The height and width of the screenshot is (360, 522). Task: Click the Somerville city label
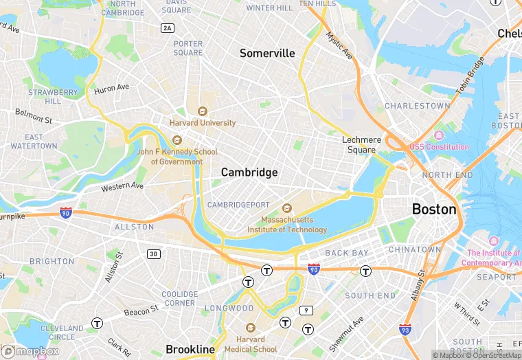[x=266, y=54]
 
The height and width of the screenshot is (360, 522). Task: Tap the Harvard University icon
[x=202, y=111]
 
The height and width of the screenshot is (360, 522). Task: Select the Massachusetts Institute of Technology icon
[x=287, y=208]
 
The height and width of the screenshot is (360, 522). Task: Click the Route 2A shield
[x=167, y=28]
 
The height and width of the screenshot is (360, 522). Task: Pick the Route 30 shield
[x=153, y=254]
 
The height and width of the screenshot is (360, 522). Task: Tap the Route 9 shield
[x=304, y=311]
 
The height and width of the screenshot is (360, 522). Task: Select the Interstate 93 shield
[x=405, y=330]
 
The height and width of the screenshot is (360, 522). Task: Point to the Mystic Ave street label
[x=339, y=45]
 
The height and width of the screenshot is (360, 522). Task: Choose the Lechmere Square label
[x=361, y=145]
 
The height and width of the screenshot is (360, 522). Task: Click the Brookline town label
[x=190, y=350]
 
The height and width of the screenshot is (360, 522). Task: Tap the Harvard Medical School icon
[x=250, y=328]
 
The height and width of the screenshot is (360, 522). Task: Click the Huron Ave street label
[x=111, y=88]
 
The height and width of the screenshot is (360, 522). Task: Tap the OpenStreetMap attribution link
[x=492, y=355]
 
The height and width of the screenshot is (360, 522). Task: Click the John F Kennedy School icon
[x=177, y=140]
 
